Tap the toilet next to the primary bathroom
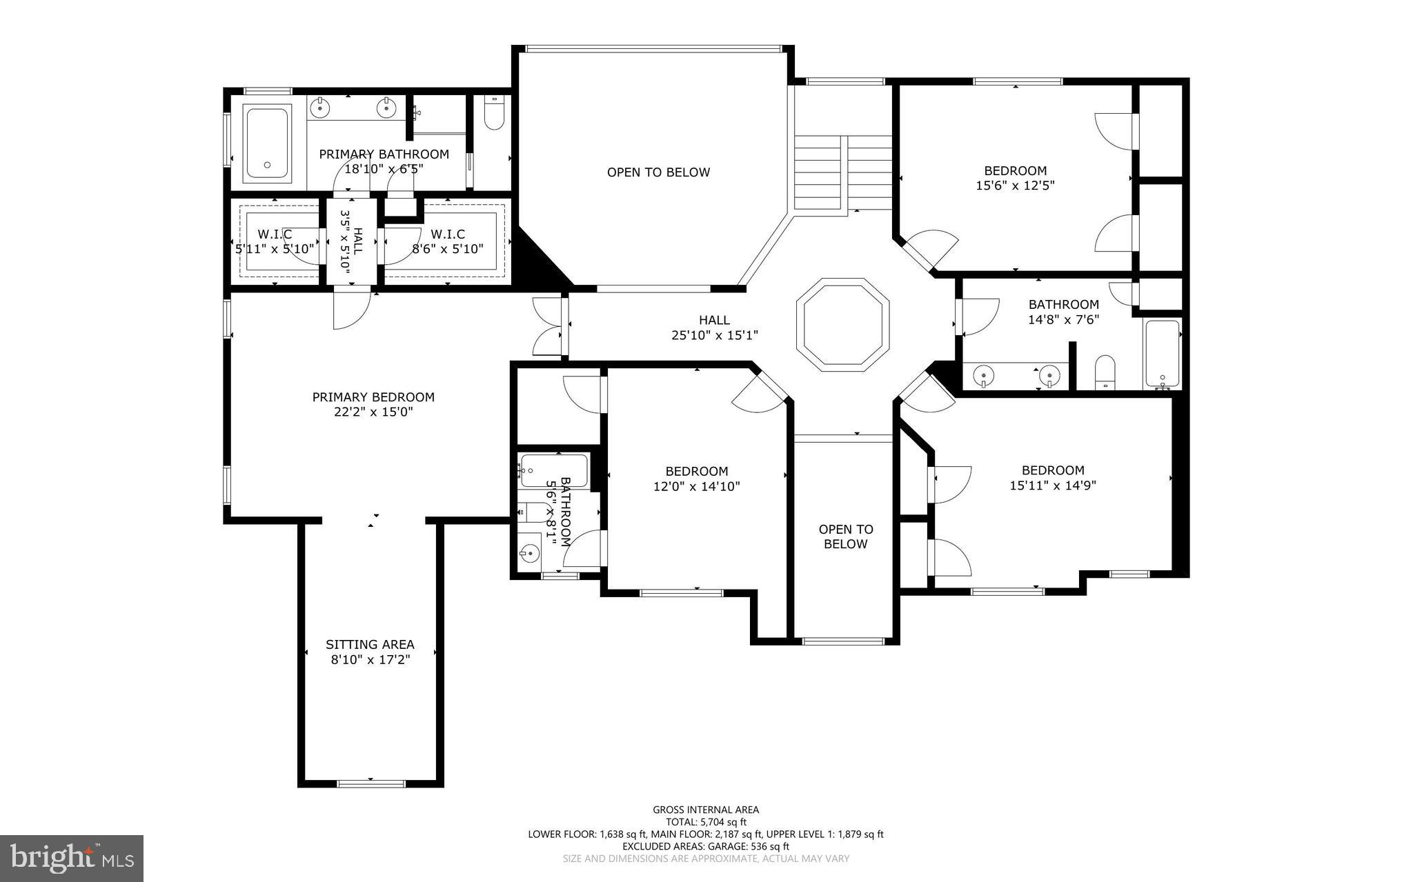point(494,113)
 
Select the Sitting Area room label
point(370,645)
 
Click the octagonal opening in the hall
point(842,325)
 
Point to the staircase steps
point(843,172)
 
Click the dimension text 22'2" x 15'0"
point(373,412)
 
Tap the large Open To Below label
point(658,172)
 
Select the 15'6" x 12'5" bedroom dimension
point(1015,186)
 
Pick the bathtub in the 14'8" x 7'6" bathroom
point(1163,354)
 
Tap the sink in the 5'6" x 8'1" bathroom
point(530,553)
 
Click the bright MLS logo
point(72,858)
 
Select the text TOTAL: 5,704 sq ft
point(705,822)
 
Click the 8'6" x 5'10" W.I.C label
point(448,242)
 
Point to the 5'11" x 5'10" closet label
point(275,242)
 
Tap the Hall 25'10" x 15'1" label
point(714,328)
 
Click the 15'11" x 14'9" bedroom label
point(1053,478)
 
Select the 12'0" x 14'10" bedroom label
point(696,479)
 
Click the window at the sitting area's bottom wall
point(370,783)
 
